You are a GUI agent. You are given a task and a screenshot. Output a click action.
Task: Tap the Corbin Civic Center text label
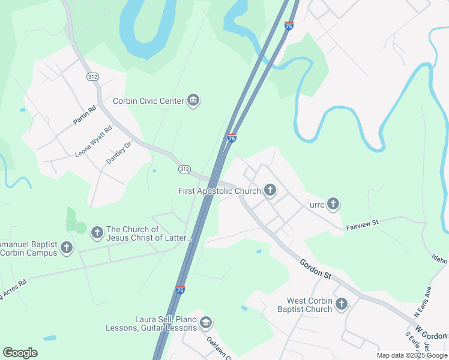pos(148,101)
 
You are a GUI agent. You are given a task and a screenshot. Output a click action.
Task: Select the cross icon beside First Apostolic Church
pos(270,191)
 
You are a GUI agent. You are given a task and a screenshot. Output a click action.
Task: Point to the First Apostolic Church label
pos(220,191)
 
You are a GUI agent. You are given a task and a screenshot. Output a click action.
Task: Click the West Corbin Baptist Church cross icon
pos(342,305)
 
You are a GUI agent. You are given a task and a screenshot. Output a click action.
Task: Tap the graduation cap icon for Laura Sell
pos(206,323)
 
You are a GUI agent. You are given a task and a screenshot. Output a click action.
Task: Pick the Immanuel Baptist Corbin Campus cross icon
pos(66,247)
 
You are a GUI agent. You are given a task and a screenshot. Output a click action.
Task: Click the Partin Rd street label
pos(85,115)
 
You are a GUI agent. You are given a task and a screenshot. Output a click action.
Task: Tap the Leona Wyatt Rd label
pos(93,142)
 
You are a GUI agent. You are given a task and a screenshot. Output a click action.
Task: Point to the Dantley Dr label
pos(118,153)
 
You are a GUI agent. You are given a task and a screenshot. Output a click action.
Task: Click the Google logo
pos(20,353)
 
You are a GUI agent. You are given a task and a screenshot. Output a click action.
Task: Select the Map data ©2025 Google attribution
pos(412,355)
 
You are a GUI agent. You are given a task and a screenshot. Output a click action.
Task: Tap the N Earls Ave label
pos(423,302)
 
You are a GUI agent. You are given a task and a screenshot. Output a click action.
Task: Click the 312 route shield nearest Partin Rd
pos(92,77)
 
